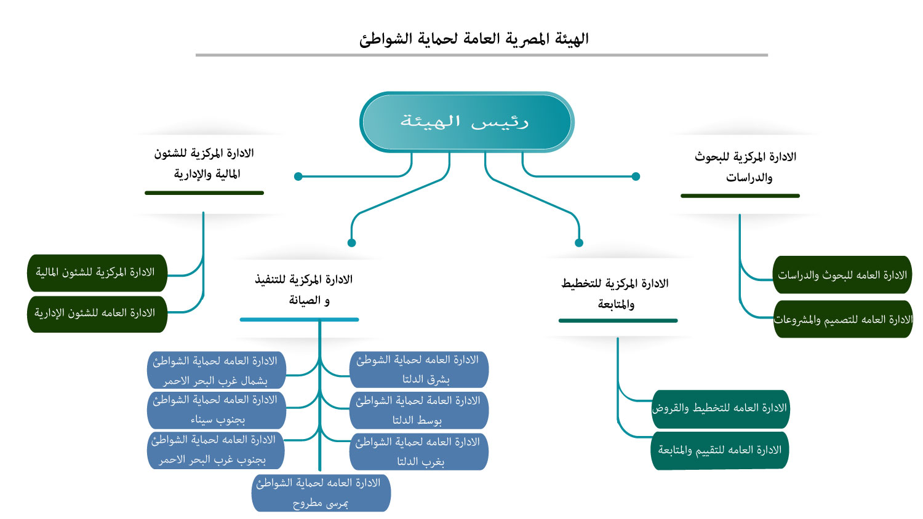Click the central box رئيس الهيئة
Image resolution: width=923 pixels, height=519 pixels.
pyautogui.click(x=467, y=122)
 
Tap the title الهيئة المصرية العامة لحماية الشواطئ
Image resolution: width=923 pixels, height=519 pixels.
pyautogui.click(x=474, y=39)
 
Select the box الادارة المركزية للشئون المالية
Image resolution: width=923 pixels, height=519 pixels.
pyautogui.click(x=97, y=272)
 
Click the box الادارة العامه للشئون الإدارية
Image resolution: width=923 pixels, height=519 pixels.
pyautogui.click(x=97, y=314)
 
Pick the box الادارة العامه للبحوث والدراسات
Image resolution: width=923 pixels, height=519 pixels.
pyautogui.click(x=842, y=275)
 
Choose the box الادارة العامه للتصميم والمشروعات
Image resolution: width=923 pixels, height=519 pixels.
pyautogui.click(x=843, y=319)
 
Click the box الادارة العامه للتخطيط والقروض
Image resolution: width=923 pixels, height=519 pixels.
pyautogui.click(x=721, y=409)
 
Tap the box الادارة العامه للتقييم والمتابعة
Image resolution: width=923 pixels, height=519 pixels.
pyautogui.click(x=720, y=450)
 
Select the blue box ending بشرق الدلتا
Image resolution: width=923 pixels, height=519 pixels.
pyautogui.click(x=419, y=370)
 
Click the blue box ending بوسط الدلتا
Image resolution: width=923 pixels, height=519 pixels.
pyautogui.click(x=419, y=410)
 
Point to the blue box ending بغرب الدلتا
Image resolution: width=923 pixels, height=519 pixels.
pyautogui.click(x=419, y=451)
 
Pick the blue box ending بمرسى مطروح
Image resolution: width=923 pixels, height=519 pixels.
pyautogui.click(x=321, y=493)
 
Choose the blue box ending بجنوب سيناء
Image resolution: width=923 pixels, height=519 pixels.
pyautogui.click(x=217, y=410)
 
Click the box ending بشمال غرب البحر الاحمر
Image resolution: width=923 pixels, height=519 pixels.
pyautogui.click(x=217, y=370)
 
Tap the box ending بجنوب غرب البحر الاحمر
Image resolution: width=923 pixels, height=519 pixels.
pyautogui.click(x=216, y=450)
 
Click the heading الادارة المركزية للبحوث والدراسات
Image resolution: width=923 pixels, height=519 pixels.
pyautogui.click(x=746, y=167)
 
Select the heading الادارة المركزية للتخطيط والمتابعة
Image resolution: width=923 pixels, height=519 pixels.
pyautogui.click(x=615, y=293)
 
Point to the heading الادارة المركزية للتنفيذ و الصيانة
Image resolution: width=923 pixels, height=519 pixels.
pyautogui.click(x=305, y=290)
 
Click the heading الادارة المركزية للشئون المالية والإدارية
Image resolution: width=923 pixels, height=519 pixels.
pyautogui.click(x=204, y=164)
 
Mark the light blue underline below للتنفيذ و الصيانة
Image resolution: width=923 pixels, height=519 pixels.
pyautogui.click(x=299, y=320)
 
